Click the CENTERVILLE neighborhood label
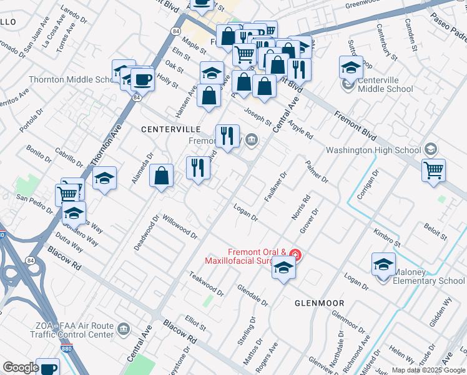coord(170,129)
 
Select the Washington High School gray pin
coord(431,150)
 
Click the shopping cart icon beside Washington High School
coord(434,170)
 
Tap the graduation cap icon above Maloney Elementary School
coord(383,264)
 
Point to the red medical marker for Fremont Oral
coord(296,255)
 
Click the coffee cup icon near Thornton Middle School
coord(144,80)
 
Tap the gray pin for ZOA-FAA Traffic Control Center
coord(124,328)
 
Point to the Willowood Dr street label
coord(179,227)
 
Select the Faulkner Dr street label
coord(275,186)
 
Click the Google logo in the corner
coord(21,367)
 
